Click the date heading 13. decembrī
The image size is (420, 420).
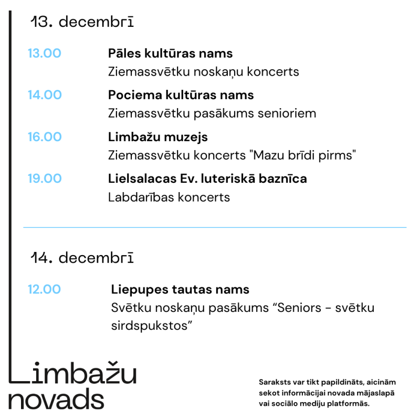click(x=82, y=22)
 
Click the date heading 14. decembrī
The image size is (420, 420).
click(x=82, y=258)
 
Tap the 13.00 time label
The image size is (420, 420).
click(x=45, y=54)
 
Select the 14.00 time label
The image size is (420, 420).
click(x=45, y=95)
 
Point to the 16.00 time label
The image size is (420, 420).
click(x=45, y=137)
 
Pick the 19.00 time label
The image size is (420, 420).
click(x=45, y=178)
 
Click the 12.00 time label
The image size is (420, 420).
click(x=45, y=289)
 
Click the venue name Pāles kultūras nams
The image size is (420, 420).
click(x=170, y=54)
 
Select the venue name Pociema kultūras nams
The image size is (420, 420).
click(x=181, y=95)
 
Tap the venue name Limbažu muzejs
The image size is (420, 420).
click(x=157, y=137)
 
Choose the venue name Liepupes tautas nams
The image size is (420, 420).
click(x=180, y=289)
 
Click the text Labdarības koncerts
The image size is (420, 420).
click(x=169, y=197)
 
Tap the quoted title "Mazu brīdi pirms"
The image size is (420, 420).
click(x=303, y=155)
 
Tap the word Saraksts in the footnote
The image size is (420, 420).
click(x=275, y=383)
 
